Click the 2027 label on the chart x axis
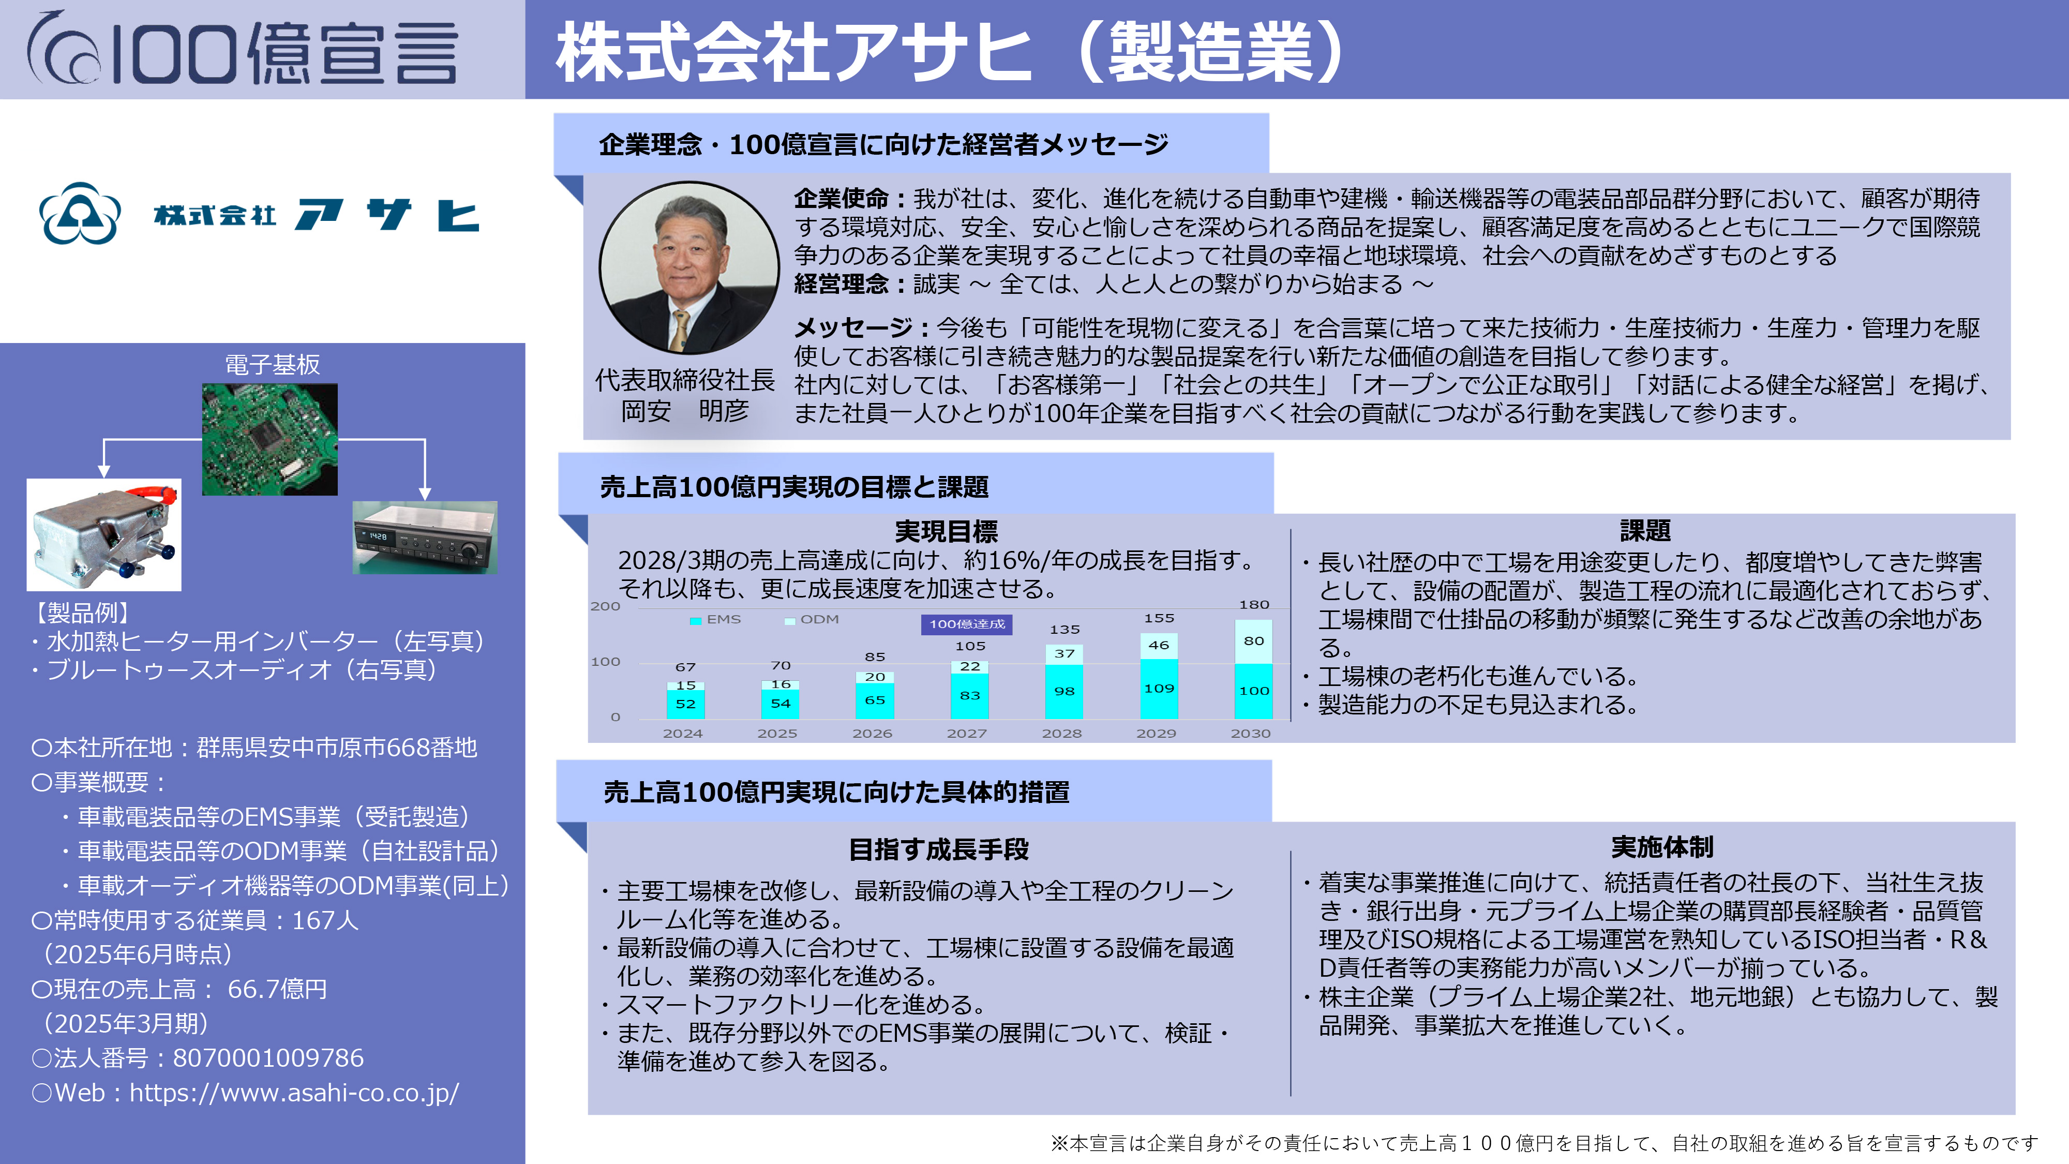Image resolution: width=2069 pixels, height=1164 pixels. tap(966, 734)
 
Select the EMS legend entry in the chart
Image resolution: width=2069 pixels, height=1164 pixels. tap(716, 619)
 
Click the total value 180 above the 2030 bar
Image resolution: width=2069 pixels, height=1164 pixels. tap(1254, 604)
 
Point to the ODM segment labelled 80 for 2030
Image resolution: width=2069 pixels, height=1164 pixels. tap(1254, 641)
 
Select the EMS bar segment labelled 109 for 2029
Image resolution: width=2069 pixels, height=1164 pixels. tap(1159, 689)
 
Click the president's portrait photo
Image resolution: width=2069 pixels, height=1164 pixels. tap(688, 267)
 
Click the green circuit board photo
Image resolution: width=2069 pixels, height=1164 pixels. tap(270, 439)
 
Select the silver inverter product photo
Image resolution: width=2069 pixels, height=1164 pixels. tap(103, 535)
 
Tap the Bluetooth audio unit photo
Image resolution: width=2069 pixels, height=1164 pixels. tap(425, 538)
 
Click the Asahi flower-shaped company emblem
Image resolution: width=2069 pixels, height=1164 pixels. tap(80, 214)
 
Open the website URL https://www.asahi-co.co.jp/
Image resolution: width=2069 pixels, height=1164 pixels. tap(294, 1093)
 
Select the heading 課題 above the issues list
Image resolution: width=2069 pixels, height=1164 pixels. tap(1644, 531)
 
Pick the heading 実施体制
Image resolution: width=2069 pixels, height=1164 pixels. tap(1662, 847)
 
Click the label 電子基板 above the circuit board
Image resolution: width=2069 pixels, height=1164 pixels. tap(272, 365)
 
